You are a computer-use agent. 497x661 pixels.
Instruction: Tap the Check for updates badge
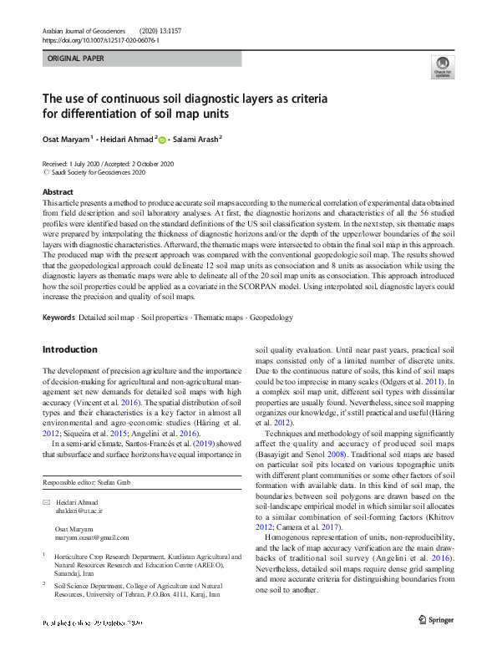coord(442,68)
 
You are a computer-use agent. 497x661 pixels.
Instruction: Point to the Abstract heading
coord(58,191)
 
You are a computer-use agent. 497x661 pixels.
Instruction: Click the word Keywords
coord(58,318)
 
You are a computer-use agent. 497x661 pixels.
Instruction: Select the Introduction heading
coord(69,349)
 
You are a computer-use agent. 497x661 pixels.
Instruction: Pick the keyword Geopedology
coord(271,318)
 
